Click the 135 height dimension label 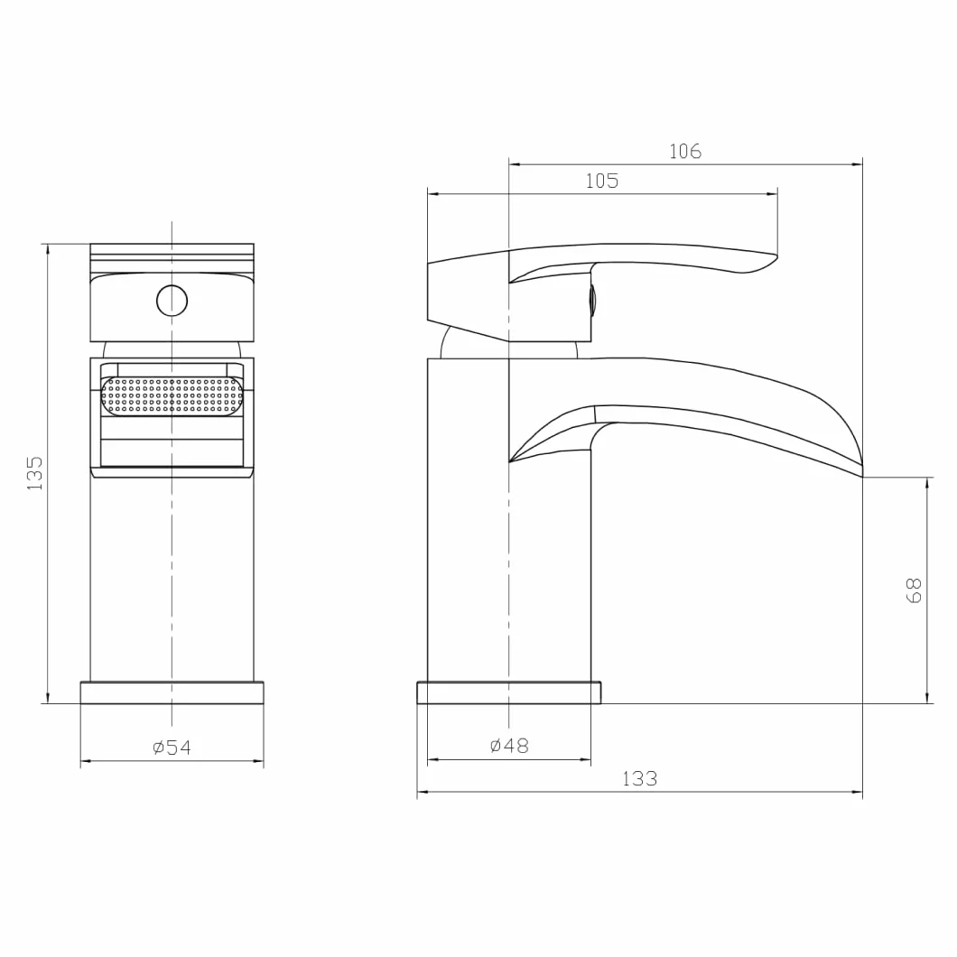[35, 473]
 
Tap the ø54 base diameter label [172, 747]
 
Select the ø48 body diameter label [509, 745]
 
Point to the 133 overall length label [639, 779]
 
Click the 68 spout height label [914, 590]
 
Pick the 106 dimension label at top [685, 152]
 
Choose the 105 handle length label [602, 181]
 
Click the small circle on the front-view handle [172, 301]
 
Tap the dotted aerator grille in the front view [172, 395]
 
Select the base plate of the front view [172, 692]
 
